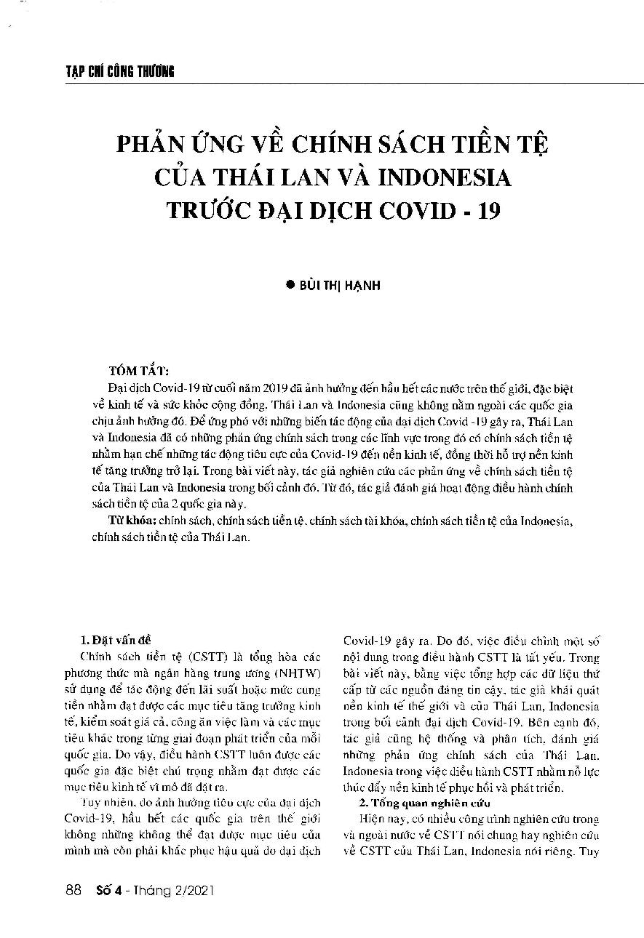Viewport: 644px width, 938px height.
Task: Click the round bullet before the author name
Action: pos(290,286)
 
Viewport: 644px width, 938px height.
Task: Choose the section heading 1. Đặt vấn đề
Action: pos(114,620)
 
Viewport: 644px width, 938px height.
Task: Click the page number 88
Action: pos(72,889)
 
